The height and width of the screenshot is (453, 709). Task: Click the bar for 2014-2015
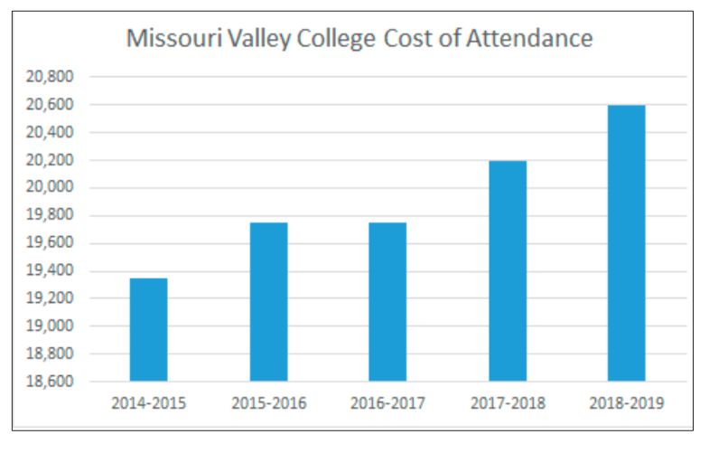[x=148, y=329]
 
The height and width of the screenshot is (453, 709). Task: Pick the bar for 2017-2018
[x=508, y=270]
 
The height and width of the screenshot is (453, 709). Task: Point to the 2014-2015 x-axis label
[x=148, y=403]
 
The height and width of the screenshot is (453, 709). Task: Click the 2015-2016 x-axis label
[x=268, y=403]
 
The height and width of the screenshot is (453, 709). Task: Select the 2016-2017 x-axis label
[x=387, y=403]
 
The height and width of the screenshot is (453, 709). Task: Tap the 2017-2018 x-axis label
[x=508, y=403]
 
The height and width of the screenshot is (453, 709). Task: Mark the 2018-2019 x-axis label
[x=626, y=403]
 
